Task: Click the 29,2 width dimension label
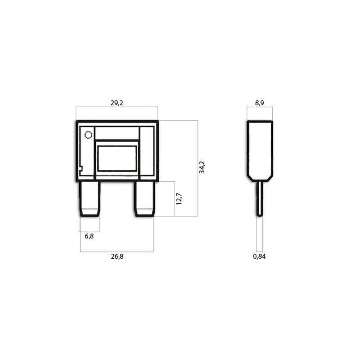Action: [x=117, y=103]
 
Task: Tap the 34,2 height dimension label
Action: [x=202, y=167]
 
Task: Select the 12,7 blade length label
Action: [x=179, y=199]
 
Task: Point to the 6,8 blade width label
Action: [x=89, y=236]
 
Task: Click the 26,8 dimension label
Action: [x=117, y=256]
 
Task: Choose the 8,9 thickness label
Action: [x=260, y=103]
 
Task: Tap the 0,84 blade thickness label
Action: [x=260, y=256]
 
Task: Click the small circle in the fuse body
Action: [x=88, y=135]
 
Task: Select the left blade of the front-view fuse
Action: [x=90, y=199]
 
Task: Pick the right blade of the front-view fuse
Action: [x=144, y=199]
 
